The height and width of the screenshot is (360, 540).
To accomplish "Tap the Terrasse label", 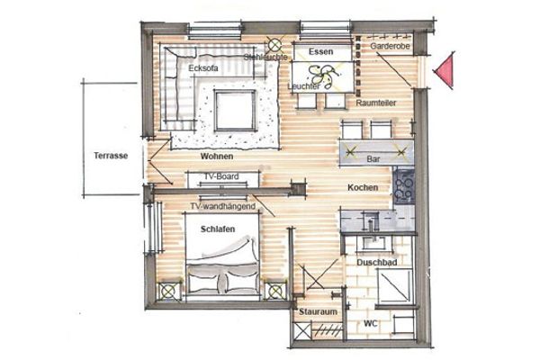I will coord(110,156).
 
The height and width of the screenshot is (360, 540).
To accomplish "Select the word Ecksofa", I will coord(204,67).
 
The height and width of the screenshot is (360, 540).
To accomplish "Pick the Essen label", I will coord(320,53).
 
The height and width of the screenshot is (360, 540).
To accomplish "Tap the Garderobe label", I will coord(390,44).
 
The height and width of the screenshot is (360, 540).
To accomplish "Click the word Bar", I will coord(373,159).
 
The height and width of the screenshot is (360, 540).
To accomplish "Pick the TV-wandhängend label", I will coord(220,207).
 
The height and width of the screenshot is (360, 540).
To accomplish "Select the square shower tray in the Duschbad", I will coord(393,288).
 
